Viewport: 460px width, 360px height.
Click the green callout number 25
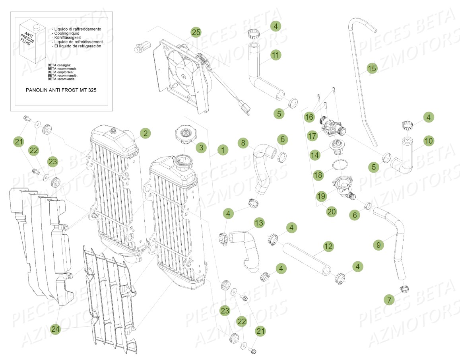pos(196,32)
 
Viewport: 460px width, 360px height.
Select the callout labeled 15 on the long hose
pos(371,68)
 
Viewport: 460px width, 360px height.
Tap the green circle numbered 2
pos(146,133)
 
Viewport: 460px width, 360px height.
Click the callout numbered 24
pos(56,329)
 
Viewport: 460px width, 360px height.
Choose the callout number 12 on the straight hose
pos(328,247)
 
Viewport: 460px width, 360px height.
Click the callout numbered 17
pos(312,136)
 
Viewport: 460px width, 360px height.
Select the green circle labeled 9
pos(378,245)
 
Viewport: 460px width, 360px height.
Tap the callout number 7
pos(390,300)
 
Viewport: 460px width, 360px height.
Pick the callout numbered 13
pos(259,223)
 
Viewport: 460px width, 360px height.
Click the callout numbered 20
pos(332,212)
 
